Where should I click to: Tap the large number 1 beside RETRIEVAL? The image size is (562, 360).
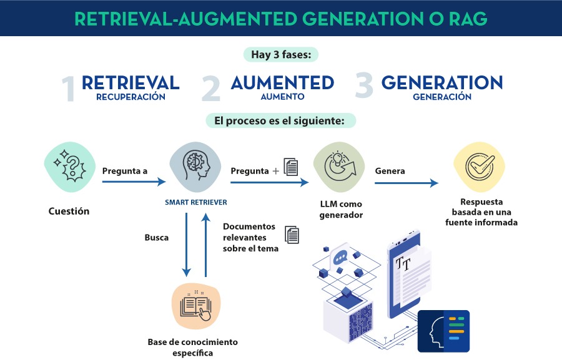click(x=69, y=89)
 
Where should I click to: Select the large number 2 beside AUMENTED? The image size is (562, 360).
click(x=212, y=89)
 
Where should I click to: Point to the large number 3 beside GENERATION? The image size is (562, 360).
click(x=364, y=87)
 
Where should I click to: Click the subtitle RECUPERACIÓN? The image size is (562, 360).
click(x=131, y=97)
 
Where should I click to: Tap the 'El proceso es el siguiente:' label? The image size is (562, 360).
click(x=280, y=120)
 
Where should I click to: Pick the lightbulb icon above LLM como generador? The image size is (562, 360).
click(x=338, y=168)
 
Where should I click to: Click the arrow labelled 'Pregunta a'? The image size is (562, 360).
click(x=134, y=182)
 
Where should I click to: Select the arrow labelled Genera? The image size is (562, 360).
click(x=407, y=183)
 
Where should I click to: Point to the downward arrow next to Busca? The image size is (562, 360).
click(x=186, y=244)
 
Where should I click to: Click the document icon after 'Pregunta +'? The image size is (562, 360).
click(x=291, y=167)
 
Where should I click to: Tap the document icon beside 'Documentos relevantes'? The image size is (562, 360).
click(x=292, y=235)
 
